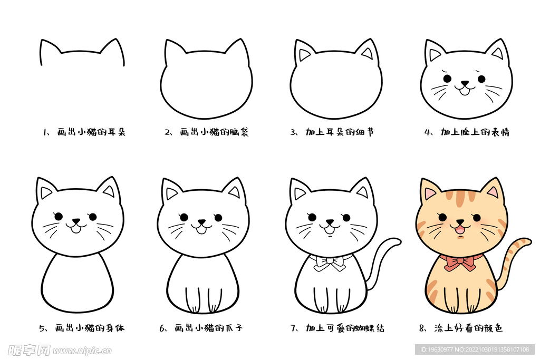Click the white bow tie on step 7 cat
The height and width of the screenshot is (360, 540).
click(x=330, y=262)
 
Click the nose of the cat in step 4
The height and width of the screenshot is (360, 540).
click(x=465, y=83)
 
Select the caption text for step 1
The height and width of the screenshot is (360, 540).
click(x=84, y=132)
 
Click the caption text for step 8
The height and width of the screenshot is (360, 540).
click(x=461, y=328)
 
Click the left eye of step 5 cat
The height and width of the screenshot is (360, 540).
click(x=59, y=217)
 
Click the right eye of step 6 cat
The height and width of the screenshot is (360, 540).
click(x=218, y=217)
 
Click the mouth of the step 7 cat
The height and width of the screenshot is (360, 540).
click(x=330, y=229)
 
